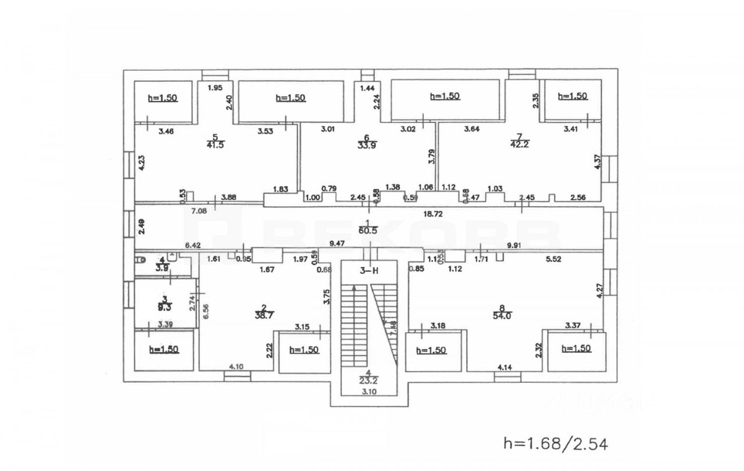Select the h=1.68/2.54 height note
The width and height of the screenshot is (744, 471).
[556, 444]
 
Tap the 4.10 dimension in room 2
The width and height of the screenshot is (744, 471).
[236, 366]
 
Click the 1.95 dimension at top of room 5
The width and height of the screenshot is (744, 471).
[215, 88]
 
